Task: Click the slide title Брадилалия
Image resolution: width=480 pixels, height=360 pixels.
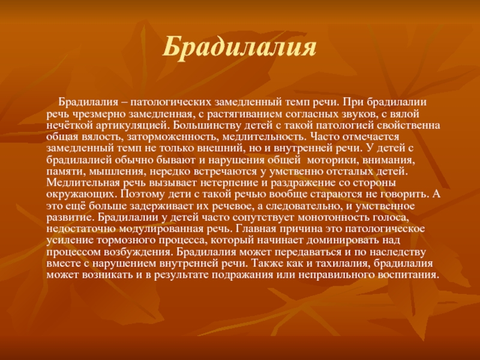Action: click(239, 47)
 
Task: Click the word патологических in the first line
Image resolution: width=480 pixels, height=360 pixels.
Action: click(172, 102)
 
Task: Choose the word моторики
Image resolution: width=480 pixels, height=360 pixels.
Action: click(329, 160)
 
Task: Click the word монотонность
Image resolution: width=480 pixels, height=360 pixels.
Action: click(332, 217)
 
